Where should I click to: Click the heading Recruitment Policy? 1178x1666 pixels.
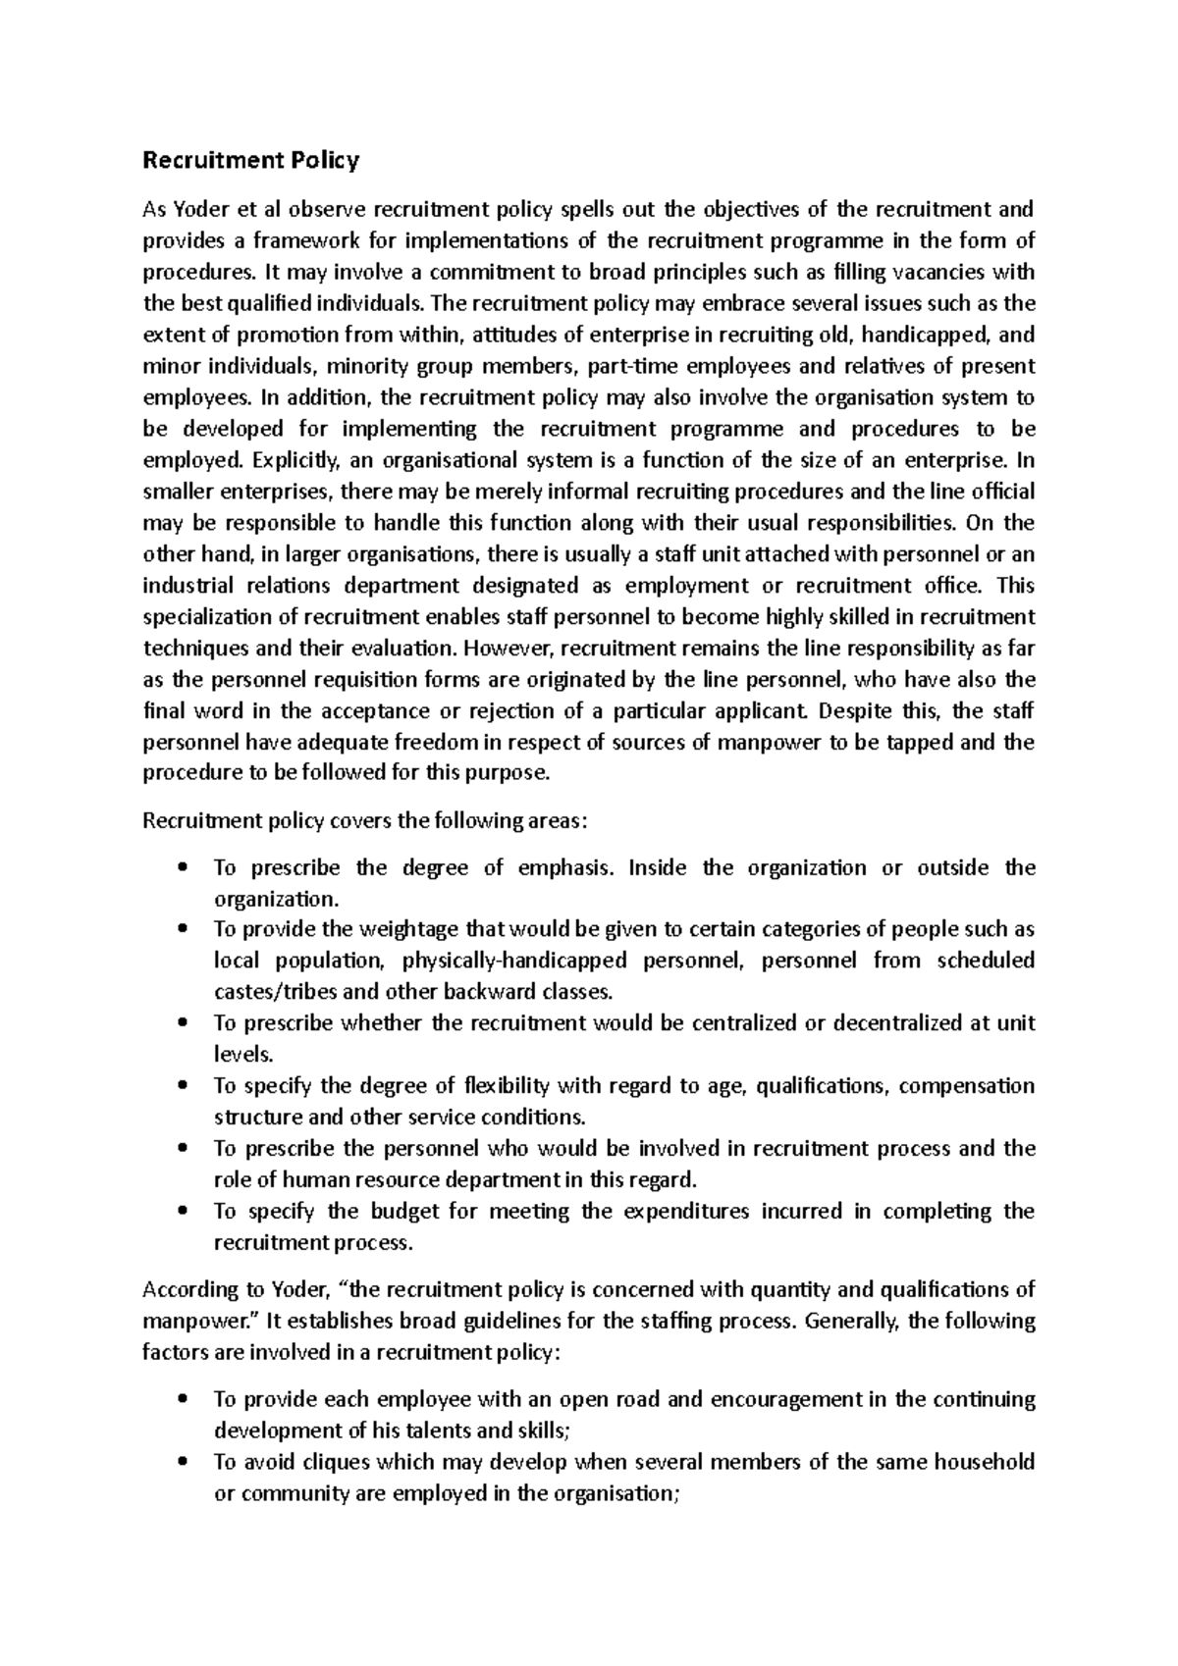tap(251, 160)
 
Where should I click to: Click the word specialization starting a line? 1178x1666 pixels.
tap(213, 617)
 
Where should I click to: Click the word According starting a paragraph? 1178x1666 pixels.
tap(189, 1290)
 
